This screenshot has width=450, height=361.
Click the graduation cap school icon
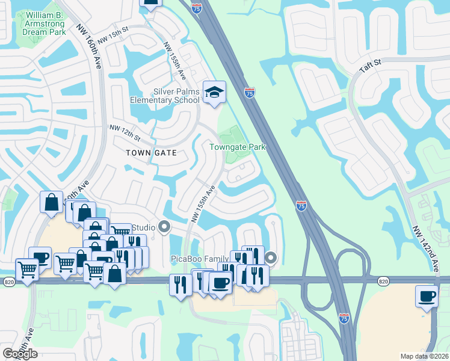pos(214,93)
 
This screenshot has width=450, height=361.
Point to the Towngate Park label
pos(237,147)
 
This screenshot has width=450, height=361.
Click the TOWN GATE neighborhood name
pos(151,153)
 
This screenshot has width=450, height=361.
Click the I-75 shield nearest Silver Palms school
pos(250,93)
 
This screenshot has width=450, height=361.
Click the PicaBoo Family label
pos(201,258)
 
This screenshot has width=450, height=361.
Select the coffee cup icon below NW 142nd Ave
pos(428,297)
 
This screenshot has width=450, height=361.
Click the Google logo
pos(20,354)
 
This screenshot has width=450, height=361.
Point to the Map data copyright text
pos(424,356)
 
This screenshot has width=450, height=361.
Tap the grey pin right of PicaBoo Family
pos(271,258)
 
